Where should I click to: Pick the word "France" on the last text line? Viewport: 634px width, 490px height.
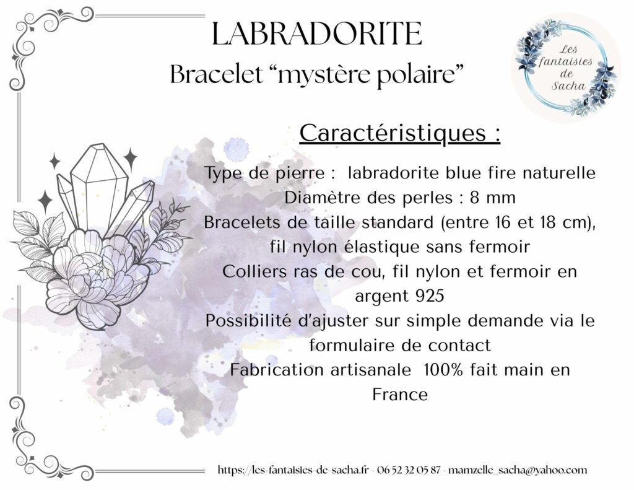point(400,395)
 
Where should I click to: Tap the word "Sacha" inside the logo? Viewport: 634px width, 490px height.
point(558,85)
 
